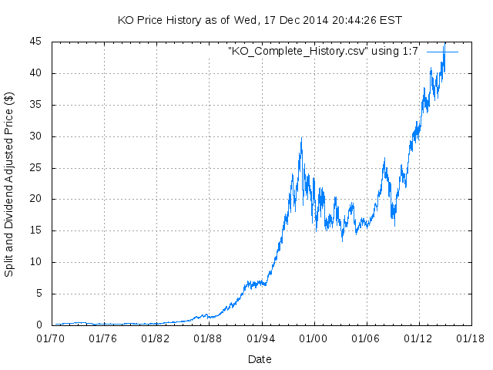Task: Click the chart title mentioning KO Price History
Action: pyautogui.click(x=260, y=19)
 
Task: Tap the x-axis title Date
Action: pyautogui.click(x=260, y=359)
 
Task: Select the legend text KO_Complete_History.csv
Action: pyautogui.click(x=324, y=51)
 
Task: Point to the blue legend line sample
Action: pyautogui.click(x=442, y=51)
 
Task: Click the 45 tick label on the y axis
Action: pyautogui.click(x=36, y=42)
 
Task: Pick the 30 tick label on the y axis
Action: pyautogui.click(x=36, y=136)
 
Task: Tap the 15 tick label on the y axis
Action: pyautogui.click(x=36, y=230)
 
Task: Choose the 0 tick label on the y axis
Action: pyautogui.click(x=39, y=325)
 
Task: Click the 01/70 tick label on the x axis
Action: pyautogui.click(x=51, y=338)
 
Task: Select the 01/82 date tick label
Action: pyautogui.click(x=156, y=338)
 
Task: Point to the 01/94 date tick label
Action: pyautogui.click(x=260, y=338)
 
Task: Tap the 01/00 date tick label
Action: pyautogui.click(x=313, y=338)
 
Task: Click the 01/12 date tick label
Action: pyautogui.click(x=418, y=338)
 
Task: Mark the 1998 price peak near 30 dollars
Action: pyautogui.click(x=300, y=140)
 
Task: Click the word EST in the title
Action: pyautogui.click(x=392, y=19)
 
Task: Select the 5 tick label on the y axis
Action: pyautogui.click(x=39, y=294)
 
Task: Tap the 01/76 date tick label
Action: pyautogui.click(x=103, y=338)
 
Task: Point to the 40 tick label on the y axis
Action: pyautogui.click(x=36, y=73)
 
